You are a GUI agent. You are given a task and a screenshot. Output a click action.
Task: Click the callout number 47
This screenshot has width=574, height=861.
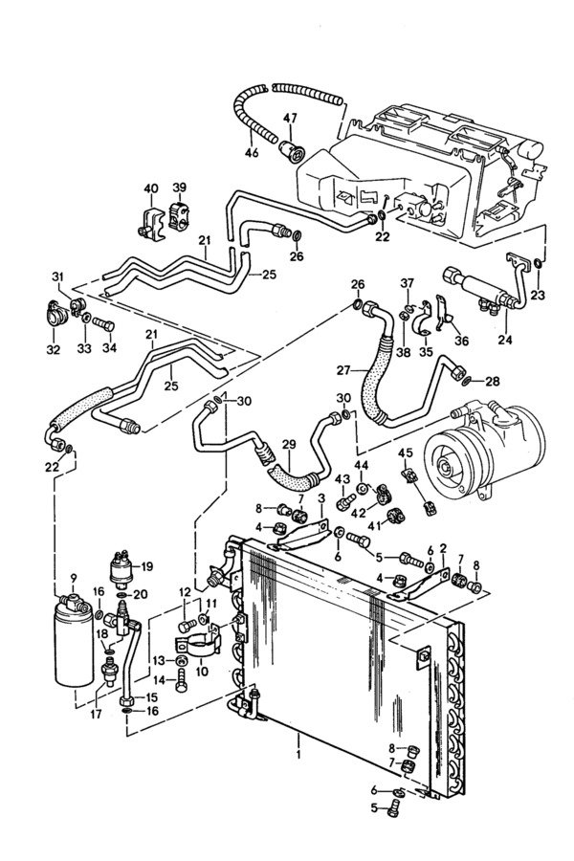point(290,118)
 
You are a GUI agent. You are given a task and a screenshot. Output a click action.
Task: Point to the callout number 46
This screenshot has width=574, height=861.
point(252,153)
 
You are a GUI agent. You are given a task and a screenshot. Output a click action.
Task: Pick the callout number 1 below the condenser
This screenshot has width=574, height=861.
point(298,756)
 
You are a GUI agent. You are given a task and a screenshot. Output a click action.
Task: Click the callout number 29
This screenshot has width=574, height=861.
point(289,444)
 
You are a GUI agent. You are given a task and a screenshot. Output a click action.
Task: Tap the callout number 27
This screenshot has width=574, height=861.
point(343,371)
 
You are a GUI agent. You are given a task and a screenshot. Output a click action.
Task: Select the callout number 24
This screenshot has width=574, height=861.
point(505,340)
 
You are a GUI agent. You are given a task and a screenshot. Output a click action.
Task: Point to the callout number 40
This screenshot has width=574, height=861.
point(151,188)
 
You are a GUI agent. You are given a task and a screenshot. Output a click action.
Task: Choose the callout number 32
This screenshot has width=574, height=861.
point(53,349)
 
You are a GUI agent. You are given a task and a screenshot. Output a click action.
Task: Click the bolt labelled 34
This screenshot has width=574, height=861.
point(103,324)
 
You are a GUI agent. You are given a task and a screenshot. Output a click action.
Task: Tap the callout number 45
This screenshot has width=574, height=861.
point(406,453)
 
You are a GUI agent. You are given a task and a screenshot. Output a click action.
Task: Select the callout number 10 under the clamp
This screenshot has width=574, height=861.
point(202,673)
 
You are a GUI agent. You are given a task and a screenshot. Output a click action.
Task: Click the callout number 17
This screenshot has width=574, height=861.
point(97,715)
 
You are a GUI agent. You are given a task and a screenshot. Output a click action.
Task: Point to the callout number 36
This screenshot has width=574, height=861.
point(461,341)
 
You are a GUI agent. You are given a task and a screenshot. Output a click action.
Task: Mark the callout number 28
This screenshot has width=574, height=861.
point(493,381)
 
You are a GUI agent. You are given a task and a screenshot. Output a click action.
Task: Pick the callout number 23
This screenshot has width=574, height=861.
point(539,295)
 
